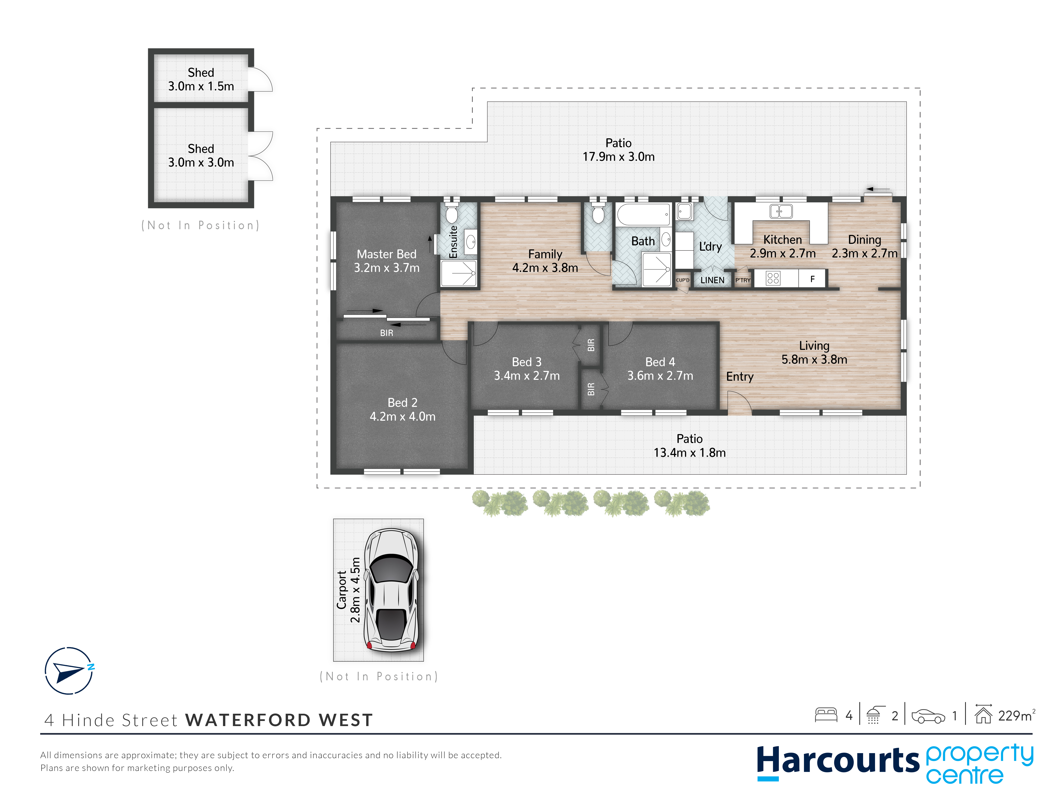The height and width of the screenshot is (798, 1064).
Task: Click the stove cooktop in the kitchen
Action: click(x=773, y=278)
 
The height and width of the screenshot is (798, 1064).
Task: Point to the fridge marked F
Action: click(x=812, y=279)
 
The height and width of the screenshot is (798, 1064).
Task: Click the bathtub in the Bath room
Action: click(x=643, y=214)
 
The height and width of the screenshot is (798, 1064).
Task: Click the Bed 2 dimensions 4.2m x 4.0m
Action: click(x=403, y=417)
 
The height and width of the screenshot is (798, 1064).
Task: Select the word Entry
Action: click(x=740, y=377)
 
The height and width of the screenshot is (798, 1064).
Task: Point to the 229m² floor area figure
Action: click(x=1016, y=716)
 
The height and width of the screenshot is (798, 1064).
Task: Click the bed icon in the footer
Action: click(x=826, y=715)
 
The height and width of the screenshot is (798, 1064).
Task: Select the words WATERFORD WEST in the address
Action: click(x=279, y=720)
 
